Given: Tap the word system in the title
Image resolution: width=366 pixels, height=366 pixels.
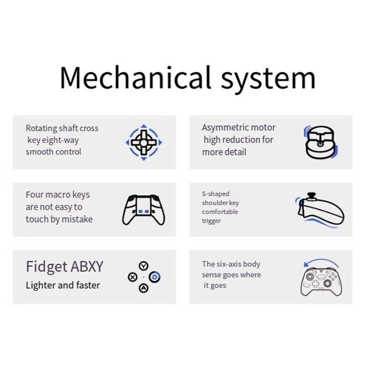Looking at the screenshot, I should [268, 79].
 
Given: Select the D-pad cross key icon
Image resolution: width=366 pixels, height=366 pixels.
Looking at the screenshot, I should [144, 142].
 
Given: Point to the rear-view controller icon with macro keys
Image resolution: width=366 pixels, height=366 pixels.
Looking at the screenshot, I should [143, 210].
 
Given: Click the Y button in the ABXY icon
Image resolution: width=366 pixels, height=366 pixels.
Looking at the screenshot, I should [144, 266].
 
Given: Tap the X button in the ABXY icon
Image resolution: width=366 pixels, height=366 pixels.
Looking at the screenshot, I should [133, 277].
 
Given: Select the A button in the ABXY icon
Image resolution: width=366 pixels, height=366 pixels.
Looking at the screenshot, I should [144, 288].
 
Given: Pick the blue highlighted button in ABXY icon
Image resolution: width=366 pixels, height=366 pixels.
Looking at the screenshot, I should [155, 277].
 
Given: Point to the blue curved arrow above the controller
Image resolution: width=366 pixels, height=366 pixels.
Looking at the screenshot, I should [320, 262].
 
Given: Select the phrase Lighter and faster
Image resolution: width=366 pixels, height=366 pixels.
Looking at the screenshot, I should [63, 285].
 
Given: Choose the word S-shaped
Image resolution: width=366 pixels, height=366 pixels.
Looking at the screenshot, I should [215, 194].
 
